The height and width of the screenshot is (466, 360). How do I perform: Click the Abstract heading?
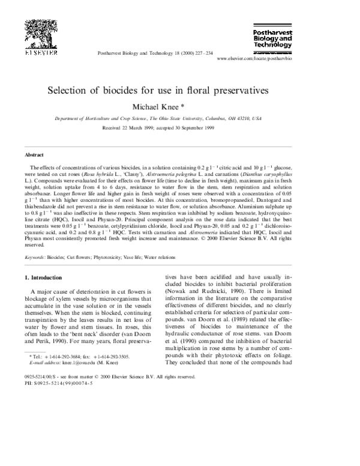[34, 154]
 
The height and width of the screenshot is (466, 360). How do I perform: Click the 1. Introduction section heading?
[47, 277]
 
